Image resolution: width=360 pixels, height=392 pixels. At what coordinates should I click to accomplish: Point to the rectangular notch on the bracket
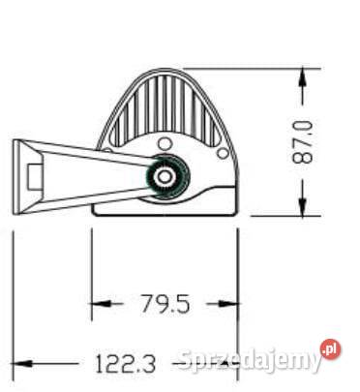pyautogui.click(x=36, y=176)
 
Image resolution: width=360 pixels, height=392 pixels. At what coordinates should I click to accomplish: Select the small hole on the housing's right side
pyautogui.click(x=225, y=152)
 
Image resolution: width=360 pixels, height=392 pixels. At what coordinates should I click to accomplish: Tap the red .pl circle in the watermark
pyautogui.click(x=332, y=349)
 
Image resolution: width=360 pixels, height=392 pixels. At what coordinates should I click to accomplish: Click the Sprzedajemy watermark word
pyautogui.click(x=250, y=361)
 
